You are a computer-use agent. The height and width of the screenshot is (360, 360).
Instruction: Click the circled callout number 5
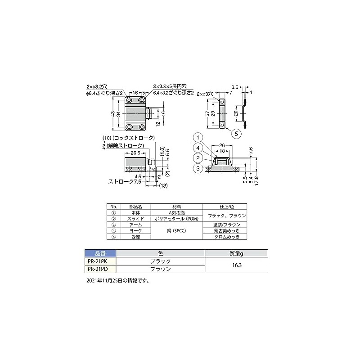click(x=237, y=133)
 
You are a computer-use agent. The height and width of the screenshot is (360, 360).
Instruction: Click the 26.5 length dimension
click(x=135, y=153)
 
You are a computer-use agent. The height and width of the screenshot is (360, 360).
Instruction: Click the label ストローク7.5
click(x=125, y=183)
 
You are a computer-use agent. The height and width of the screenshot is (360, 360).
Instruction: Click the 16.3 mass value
click(x=237, y=265)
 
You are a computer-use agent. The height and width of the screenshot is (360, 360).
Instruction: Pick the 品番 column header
click(x=100, y=253)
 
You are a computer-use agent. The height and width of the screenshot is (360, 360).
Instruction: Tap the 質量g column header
click(x=237, y=253)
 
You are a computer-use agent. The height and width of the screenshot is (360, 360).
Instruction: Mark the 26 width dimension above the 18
click(x=222, y=145)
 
